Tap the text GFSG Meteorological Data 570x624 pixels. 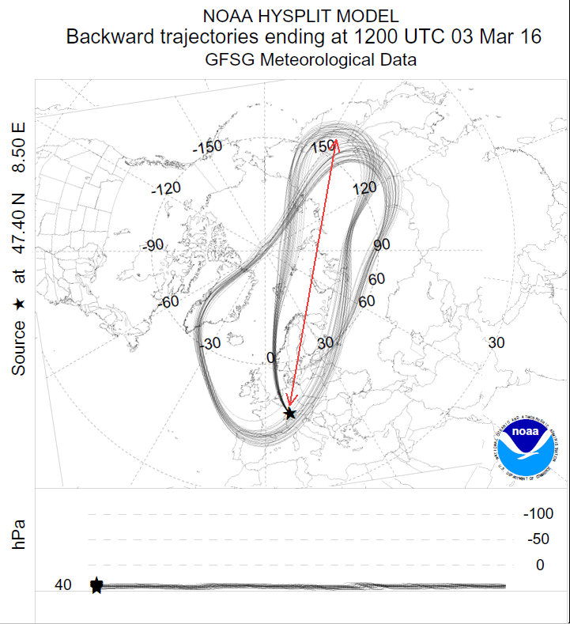point(310,60)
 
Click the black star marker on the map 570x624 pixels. point(290,413)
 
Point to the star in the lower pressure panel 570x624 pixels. point(96,586)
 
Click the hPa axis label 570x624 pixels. point(20,534)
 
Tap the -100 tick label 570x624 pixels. point(538,514)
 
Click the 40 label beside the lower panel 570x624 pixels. point(63,585)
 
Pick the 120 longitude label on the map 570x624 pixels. point(364,188)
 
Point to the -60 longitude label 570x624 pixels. point(172,302)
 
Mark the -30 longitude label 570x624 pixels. point(210,343)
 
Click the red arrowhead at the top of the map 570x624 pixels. point(336,143)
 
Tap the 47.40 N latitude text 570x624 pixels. point(20,227)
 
